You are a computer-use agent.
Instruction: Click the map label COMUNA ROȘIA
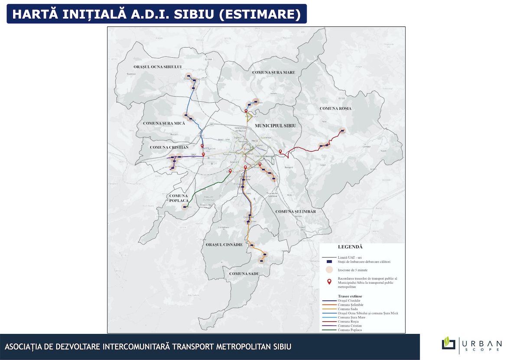[335, 108]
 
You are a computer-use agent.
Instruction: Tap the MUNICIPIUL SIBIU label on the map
[275, 125]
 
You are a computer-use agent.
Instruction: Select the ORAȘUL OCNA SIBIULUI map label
[157, 67]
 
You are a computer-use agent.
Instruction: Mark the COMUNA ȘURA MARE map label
[273, 72]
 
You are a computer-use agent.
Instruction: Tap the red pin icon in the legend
[329, 282]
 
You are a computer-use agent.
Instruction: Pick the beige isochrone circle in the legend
[329, 269]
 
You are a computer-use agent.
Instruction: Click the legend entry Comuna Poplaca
[350, 330]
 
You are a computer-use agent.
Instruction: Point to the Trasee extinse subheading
[350, 296]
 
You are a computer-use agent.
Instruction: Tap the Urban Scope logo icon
[448, 343]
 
